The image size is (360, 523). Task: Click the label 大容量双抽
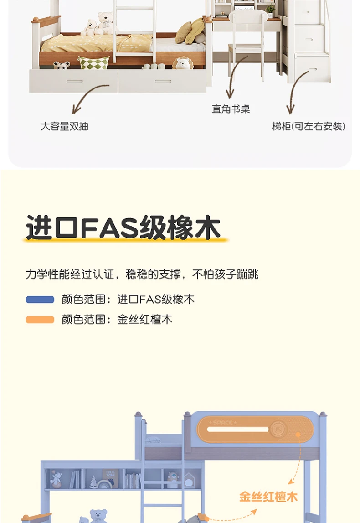64,126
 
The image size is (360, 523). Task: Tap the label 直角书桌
231,109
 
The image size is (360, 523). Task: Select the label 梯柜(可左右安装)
309,126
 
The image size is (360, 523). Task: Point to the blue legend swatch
40,300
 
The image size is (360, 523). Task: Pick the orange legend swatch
40,320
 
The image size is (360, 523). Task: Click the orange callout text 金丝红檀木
268,497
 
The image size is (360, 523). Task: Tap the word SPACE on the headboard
223,423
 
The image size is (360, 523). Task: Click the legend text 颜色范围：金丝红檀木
117,320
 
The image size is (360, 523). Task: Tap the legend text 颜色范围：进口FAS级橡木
128,300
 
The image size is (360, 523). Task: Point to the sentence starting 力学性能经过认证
142,274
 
